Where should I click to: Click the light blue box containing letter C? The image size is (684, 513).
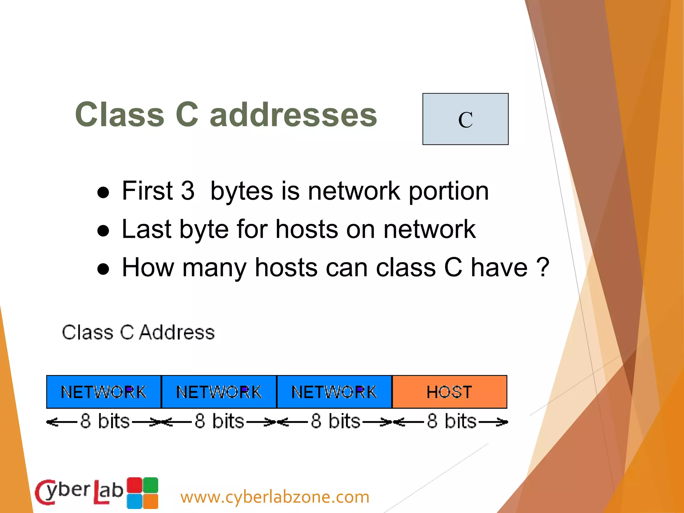click(465, 119)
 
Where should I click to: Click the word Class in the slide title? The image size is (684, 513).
click(120, 115)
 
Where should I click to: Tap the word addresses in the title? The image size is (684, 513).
click(293, 115)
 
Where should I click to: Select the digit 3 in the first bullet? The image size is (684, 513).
click(188, 191)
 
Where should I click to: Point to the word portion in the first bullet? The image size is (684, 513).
click(449, 191)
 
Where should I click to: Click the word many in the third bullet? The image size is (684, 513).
click(214, 268)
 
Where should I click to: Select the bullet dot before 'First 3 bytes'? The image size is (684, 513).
click(103, 193)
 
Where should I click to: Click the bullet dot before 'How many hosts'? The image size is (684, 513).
click(103, 269)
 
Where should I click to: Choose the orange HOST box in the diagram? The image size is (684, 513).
click(450, 392)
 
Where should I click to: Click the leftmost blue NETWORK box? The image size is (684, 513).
click(104, 392)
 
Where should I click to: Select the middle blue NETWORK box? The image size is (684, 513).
click(219, 392)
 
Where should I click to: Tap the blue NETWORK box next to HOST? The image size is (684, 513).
click(334, 392)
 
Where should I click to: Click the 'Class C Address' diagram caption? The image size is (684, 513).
click(138, 332)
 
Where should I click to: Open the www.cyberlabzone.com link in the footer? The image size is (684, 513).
click(275, 497)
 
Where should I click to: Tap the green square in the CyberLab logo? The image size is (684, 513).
click(151, 485)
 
